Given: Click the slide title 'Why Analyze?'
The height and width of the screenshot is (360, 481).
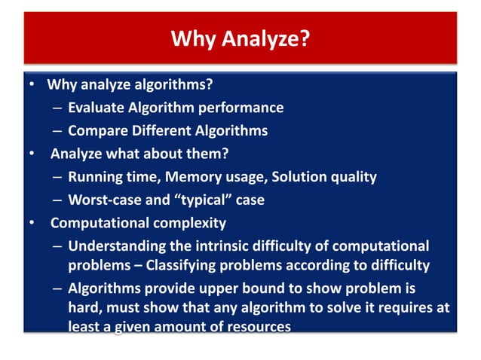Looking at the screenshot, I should tap(240, 38).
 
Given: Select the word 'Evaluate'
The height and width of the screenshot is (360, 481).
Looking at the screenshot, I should tap(95, 108).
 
